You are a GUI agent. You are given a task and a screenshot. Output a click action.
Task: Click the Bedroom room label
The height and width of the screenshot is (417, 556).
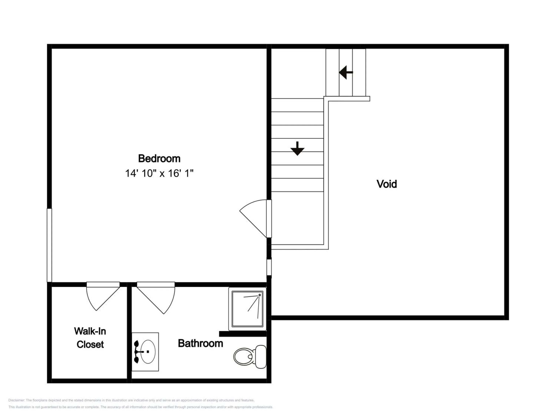pos(159,159)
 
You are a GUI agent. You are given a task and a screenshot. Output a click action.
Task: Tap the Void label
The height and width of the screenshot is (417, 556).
pos(387,184)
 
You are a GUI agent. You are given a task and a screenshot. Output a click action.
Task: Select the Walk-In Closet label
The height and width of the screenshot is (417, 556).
pos(90,337)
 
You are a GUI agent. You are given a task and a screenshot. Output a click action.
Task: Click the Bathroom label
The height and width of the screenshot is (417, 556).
pos(200,343)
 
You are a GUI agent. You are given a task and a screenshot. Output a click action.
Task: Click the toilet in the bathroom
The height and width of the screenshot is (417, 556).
pos(250,357)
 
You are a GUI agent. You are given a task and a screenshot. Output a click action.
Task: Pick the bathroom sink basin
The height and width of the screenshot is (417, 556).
pos(148,352)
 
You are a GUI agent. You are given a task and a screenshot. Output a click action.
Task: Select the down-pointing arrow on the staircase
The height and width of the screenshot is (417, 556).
pos(297,149)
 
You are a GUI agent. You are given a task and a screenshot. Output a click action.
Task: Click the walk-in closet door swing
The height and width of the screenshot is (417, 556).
pos(103,296)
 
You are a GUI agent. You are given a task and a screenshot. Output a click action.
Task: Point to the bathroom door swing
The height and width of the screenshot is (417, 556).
pos(156,298)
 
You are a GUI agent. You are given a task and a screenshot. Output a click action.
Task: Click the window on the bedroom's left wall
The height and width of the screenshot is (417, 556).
pos(49,245)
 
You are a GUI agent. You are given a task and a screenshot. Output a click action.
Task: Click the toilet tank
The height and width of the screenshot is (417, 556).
pos(261,357)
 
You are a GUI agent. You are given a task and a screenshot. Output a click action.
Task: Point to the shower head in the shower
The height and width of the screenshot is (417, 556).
pos(260,295)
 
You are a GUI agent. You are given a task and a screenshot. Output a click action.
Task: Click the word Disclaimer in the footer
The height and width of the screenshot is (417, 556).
pos(16,400)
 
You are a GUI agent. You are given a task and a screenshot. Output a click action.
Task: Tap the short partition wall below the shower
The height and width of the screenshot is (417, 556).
pos(243,334)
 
